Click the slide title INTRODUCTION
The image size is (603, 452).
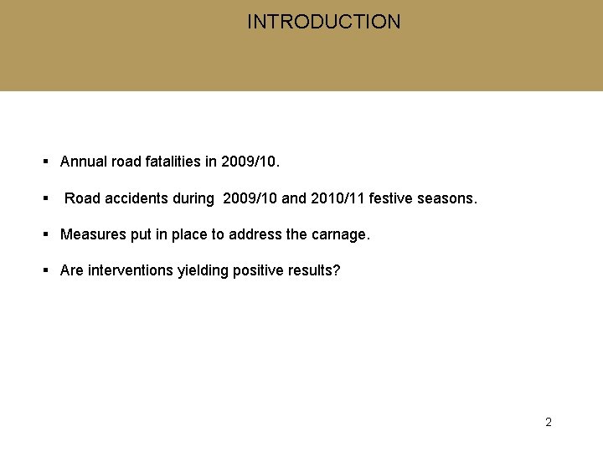[323, 22]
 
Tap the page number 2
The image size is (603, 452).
[549, 422]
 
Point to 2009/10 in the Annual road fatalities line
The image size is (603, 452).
[247, 162]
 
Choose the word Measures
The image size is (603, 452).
[94, 234]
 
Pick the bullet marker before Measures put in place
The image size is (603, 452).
[46, 234]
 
